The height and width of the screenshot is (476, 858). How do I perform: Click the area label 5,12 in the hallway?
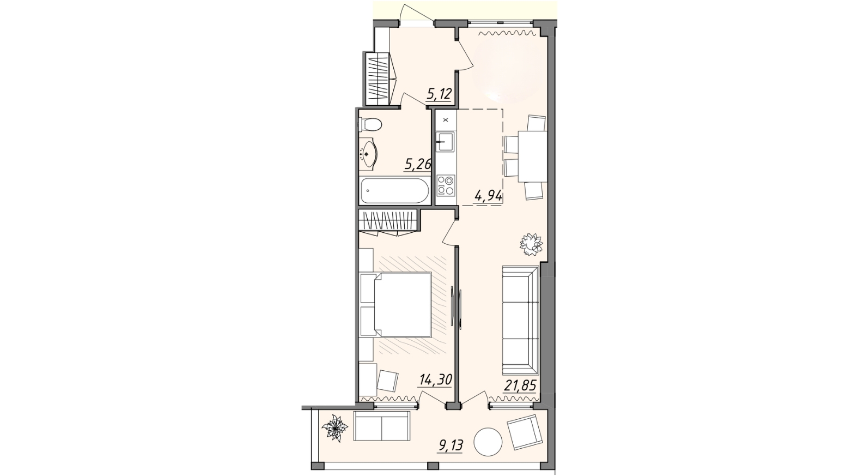pyautogui.click(x=440, y=94)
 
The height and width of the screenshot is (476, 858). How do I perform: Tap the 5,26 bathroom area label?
pyautogui.click(x=418, y=165)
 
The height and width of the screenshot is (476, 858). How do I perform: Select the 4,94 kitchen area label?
pyautogui.click(x=488, y=196)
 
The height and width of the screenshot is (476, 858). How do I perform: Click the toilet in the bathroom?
pyautogui.click(x=370, y=124)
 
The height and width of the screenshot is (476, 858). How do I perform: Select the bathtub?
pyautogui.click(x=394, y=190)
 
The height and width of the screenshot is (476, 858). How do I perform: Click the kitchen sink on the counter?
pyautogui.click(x=445, y=141)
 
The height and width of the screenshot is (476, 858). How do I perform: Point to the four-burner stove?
pyautogui.click(x=446, y=185)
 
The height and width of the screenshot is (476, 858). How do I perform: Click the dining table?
pyautogui.click(x=532, y=156)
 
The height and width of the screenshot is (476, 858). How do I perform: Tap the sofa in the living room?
pyautogui.click(x=520, y=320)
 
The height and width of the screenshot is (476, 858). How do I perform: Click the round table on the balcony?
pyautogui.click(x=488, y=442)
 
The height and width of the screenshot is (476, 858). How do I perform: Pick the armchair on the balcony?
pyautogui.click(x=525, y=432)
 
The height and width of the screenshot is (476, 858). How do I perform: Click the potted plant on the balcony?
pyautogui.click(x=335, y=428)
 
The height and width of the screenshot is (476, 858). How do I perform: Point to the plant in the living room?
pyautogui.click(x=531, y=244)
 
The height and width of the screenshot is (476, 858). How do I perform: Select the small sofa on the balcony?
pyautogui.click(x=382, y=425)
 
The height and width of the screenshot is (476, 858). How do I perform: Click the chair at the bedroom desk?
pyautogui.click(x=388, y=381)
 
